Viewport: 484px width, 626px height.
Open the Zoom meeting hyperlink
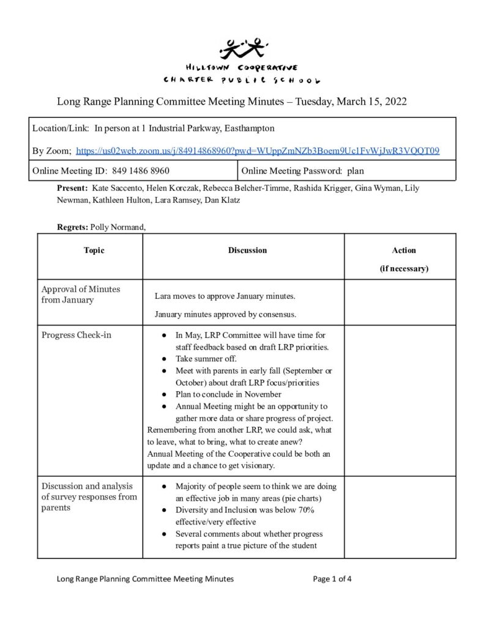pos(258,150)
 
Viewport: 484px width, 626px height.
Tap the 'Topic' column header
pos(94,250)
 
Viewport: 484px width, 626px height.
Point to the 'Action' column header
pos(404,250)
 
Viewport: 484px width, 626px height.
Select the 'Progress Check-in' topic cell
pos(76,335)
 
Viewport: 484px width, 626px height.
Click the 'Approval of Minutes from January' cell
pos(81,295)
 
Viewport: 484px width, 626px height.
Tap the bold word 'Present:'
pos(72,188)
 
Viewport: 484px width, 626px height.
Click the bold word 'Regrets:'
pos(72,227)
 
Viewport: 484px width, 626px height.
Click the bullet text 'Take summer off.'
pos(206,359)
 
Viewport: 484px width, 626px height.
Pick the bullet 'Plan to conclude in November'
pos(228,394)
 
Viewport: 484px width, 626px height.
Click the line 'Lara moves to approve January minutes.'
pos(225,296)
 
